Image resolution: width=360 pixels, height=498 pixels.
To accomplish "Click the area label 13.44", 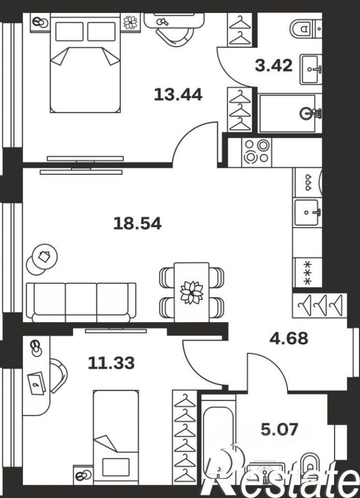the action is (x=178, y=94).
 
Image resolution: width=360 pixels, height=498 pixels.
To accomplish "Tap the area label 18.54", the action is (x=138, y=223).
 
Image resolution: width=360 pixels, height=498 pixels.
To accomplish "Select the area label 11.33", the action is (x=111, y=363).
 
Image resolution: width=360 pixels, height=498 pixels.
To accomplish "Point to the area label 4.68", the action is (x=288, y=338).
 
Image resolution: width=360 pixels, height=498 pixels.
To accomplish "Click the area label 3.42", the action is (x=274, y=66).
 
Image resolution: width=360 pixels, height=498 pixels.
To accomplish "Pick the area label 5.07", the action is (x=280, y=429).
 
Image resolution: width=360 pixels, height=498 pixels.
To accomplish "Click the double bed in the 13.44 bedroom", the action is (x=85, y=63).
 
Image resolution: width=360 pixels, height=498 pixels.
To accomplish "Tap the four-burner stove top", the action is (x=257, y=153).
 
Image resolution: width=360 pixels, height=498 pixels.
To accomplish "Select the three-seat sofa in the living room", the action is (x=81, y=302).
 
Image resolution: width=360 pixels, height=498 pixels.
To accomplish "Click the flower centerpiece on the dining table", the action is (x=192, y=292).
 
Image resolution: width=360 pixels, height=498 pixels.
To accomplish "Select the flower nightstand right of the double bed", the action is (x=131, y=22).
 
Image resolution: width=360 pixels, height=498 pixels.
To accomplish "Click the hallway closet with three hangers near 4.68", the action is (x=320, y=306).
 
